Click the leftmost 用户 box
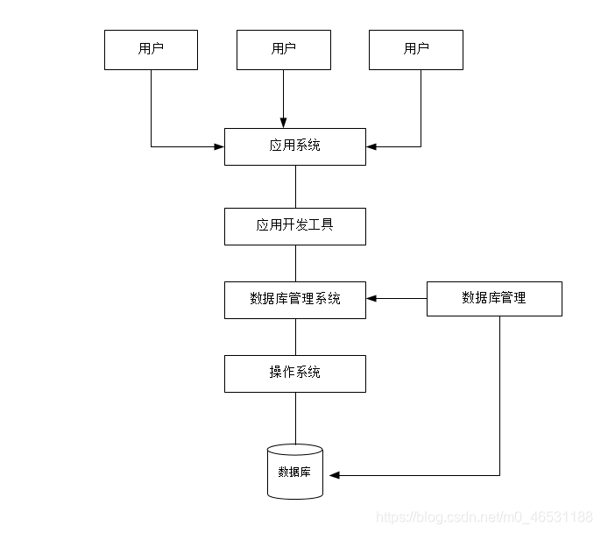[151, 50]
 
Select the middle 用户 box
[284, 50]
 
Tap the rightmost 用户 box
[416, 50]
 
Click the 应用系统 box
[294, 146]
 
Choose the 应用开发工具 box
[294, 226]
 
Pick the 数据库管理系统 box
[294, 299]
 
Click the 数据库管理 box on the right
[494, 299]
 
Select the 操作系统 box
[294, 373]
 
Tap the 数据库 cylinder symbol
[294, 473]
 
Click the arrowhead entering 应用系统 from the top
[284, 123]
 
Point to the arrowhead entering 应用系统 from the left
[219, 146]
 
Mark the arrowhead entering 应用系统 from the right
[371, 146]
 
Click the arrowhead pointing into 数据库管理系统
[371, 299]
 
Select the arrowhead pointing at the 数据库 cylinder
[334, 476]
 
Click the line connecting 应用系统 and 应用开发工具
[295, 187]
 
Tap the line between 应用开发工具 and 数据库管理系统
[295, 263]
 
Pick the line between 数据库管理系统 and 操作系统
[295, 336]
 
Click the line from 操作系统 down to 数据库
[295, 418]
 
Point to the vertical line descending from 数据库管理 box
[500, 394]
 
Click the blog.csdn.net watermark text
[484, 517]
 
